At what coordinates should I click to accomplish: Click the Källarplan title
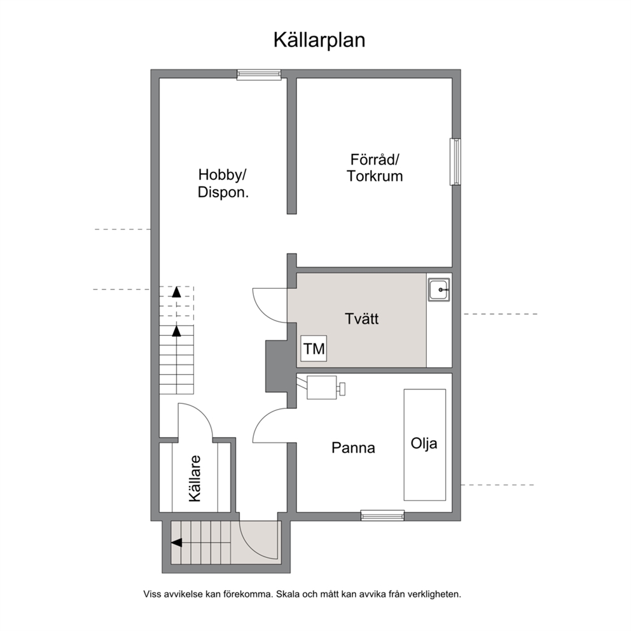319,40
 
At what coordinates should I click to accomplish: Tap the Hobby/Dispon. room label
223,183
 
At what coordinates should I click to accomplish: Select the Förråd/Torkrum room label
375,168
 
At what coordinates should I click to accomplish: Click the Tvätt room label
362,319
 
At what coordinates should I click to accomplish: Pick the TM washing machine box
314,349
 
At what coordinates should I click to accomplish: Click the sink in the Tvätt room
439,289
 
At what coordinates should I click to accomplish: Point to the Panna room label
353,448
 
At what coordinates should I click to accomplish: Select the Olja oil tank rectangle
424,445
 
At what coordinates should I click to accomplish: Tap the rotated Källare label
195,478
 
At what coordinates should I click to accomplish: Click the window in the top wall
259,74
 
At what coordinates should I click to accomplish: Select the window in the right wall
455,162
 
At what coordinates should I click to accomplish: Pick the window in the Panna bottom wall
382,515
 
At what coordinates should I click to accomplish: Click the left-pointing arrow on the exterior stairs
176,543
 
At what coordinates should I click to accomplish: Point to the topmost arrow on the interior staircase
176,292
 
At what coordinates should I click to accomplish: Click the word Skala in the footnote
287,594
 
